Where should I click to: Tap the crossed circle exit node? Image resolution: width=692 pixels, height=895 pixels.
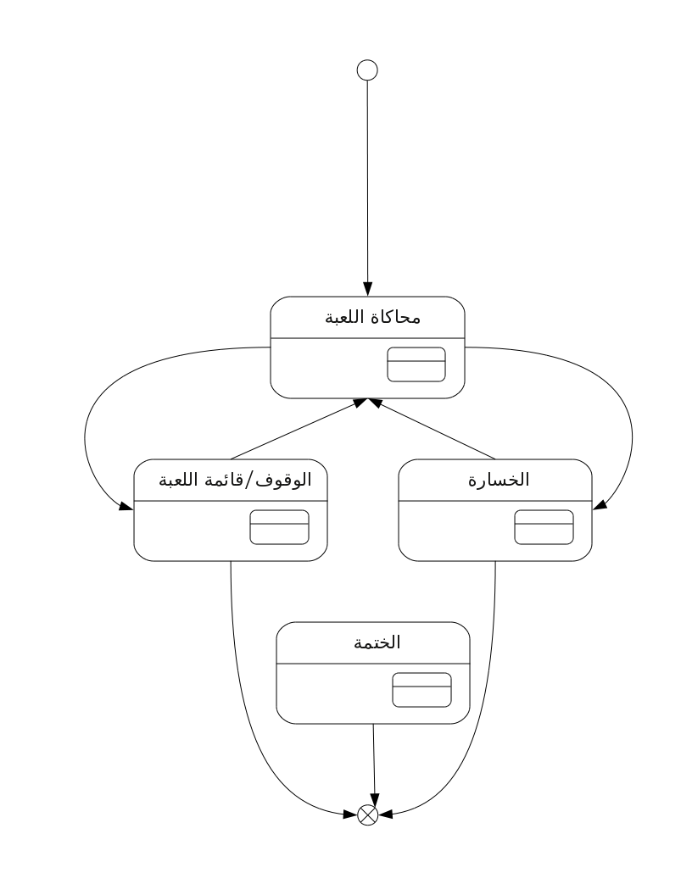click(368, 815)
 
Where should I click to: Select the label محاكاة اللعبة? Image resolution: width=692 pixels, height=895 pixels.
click(373, 317)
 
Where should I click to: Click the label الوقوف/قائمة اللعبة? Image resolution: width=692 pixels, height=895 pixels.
click(235, 480)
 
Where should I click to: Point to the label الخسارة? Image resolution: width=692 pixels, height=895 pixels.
click(499, 480)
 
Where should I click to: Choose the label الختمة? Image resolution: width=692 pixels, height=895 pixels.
click(377, 642)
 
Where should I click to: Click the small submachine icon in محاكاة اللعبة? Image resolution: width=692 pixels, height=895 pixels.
click(416, 364)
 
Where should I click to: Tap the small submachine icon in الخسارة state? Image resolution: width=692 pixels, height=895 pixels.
click(544, 527)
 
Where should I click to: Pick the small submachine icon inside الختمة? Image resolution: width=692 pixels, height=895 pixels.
click(421, 690)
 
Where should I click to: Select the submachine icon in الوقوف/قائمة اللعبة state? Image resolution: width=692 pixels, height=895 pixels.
click(279, 527)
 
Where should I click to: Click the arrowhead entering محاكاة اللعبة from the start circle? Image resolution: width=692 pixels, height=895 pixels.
click(368, 289)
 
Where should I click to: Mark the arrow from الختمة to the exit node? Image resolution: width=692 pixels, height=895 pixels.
click(374, 764)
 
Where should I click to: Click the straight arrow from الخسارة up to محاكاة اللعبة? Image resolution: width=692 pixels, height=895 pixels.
click(432, 429)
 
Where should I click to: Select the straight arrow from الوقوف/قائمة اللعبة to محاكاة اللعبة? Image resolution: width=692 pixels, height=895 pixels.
click(298, 429)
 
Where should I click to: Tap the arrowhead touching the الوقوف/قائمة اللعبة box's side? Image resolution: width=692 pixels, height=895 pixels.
click(126, 504)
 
